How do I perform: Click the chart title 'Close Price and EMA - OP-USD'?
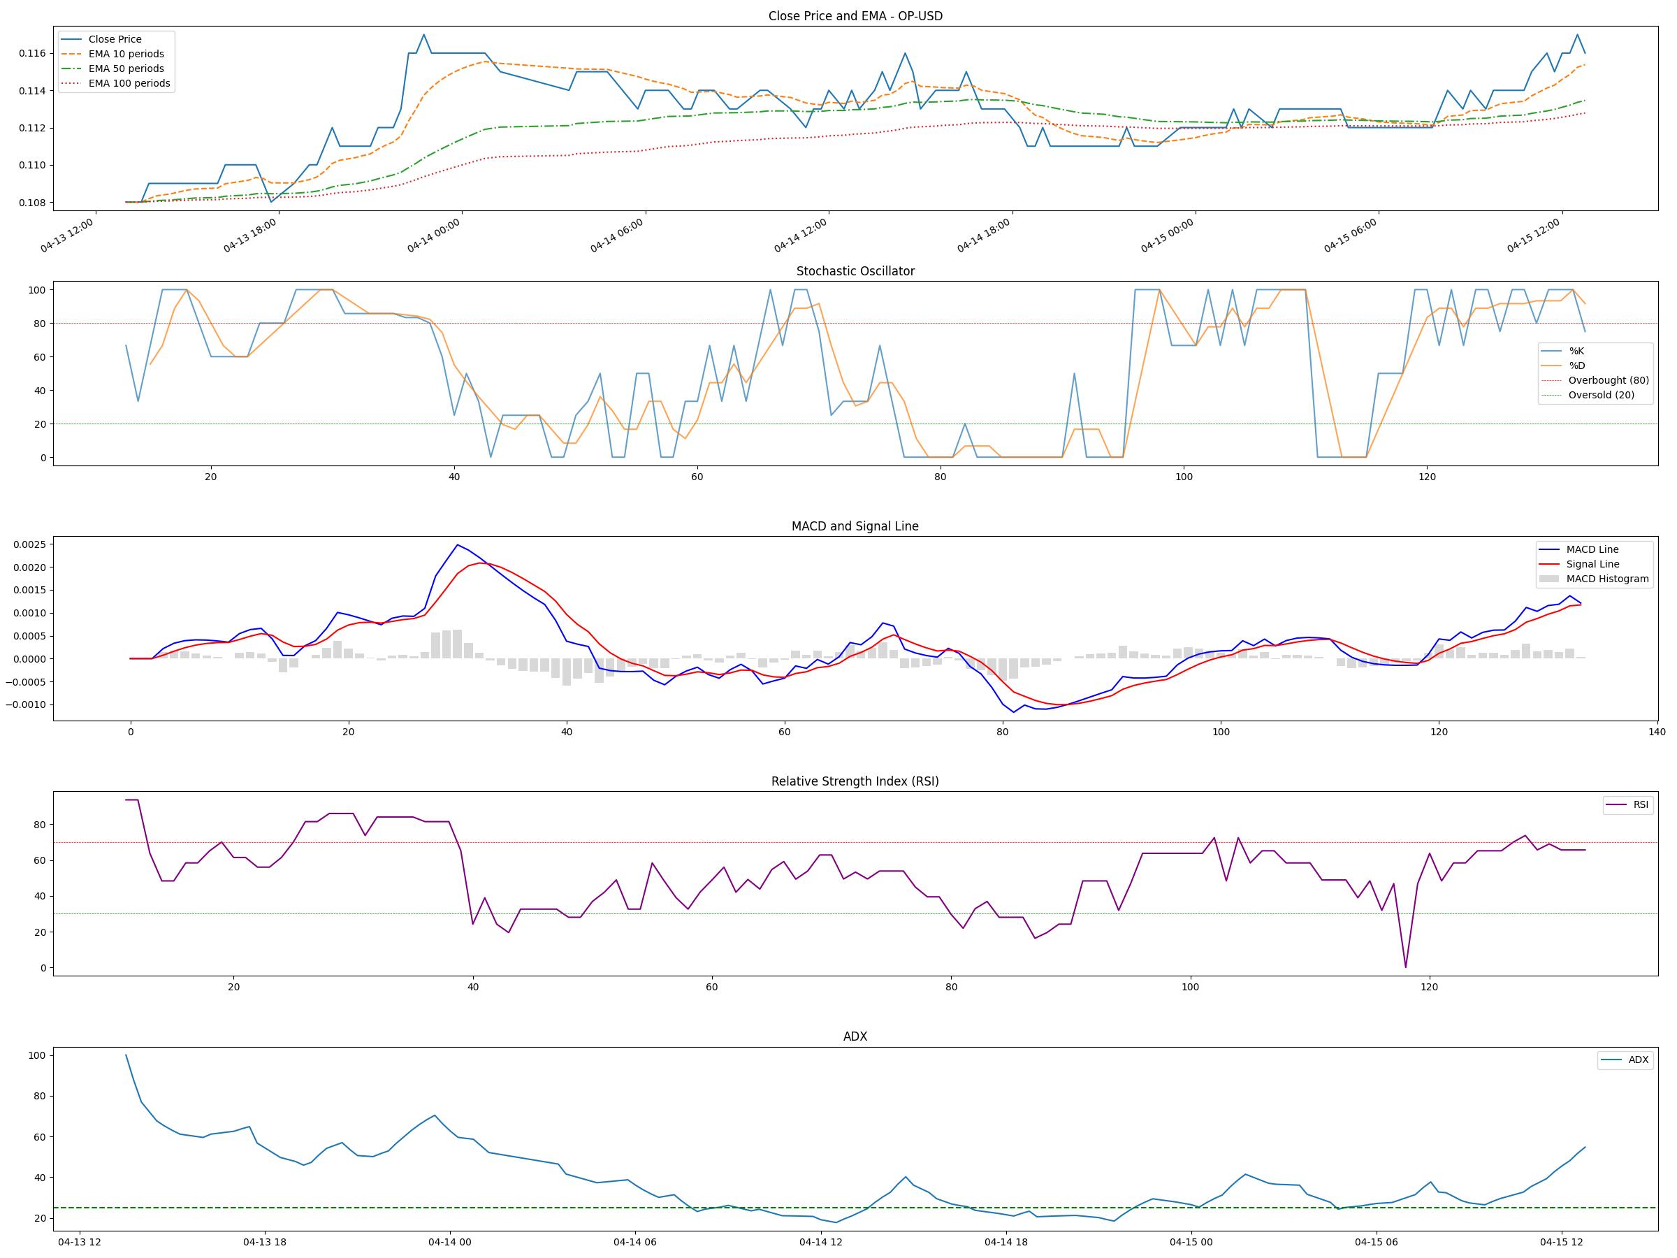[x=855, y=16]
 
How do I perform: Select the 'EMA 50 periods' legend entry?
[x=126, y=69]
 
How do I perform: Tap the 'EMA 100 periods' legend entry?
[x=129, y=83]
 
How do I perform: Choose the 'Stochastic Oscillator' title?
[x=855, y=271]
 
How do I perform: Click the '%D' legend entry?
[x=1577, y=366]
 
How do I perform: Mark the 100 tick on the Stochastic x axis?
[x=1184, y=477]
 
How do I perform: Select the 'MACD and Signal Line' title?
[x=855, y=526]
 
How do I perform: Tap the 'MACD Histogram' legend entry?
[x=1607, y=579]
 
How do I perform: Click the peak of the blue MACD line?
[x=457, y=544]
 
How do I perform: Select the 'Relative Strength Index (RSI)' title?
[x=855, y=782]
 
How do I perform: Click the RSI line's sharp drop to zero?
[x=1406, y=967]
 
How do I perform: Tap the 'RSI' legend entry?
[x=1641, y=804]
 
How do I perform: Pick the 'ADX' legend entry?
[x=1639, y=1060]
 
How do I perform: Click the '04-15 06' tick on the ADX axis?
[x=1376, y=1242]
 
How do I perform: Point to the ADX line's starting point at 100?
[x=126, y=1055]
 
